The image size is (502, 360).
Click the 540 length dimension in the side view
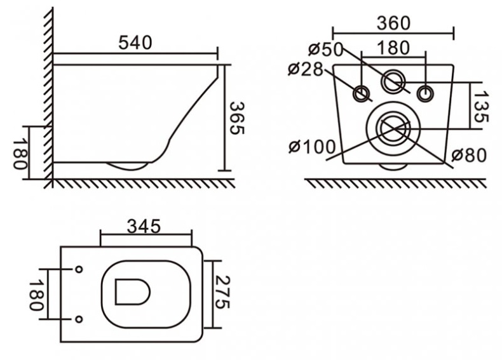point(135,43)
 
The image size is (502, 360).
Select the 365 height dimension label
point(236,118)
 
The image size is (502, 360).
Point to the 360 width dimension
point(393,23)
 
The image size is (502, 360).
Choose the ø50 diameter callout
point(326,49)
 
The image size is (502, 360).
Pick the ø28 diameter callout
point(306,69)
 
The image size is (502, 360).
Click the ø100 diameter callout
point(311,147)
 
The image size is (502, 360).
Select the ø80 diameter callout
point(469,154)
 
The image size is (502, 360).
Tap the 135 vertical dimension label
point(481,105)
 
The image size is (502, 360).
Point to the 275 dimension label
point(220,293)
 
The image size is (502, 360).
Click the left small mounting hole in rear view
point(363,93)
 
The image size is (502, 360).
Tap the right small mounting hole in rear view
point(424,93)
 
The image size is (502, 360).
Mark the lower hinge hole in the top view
point(79,318)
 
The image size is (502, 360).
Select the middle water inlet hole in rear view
point(394,81)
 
